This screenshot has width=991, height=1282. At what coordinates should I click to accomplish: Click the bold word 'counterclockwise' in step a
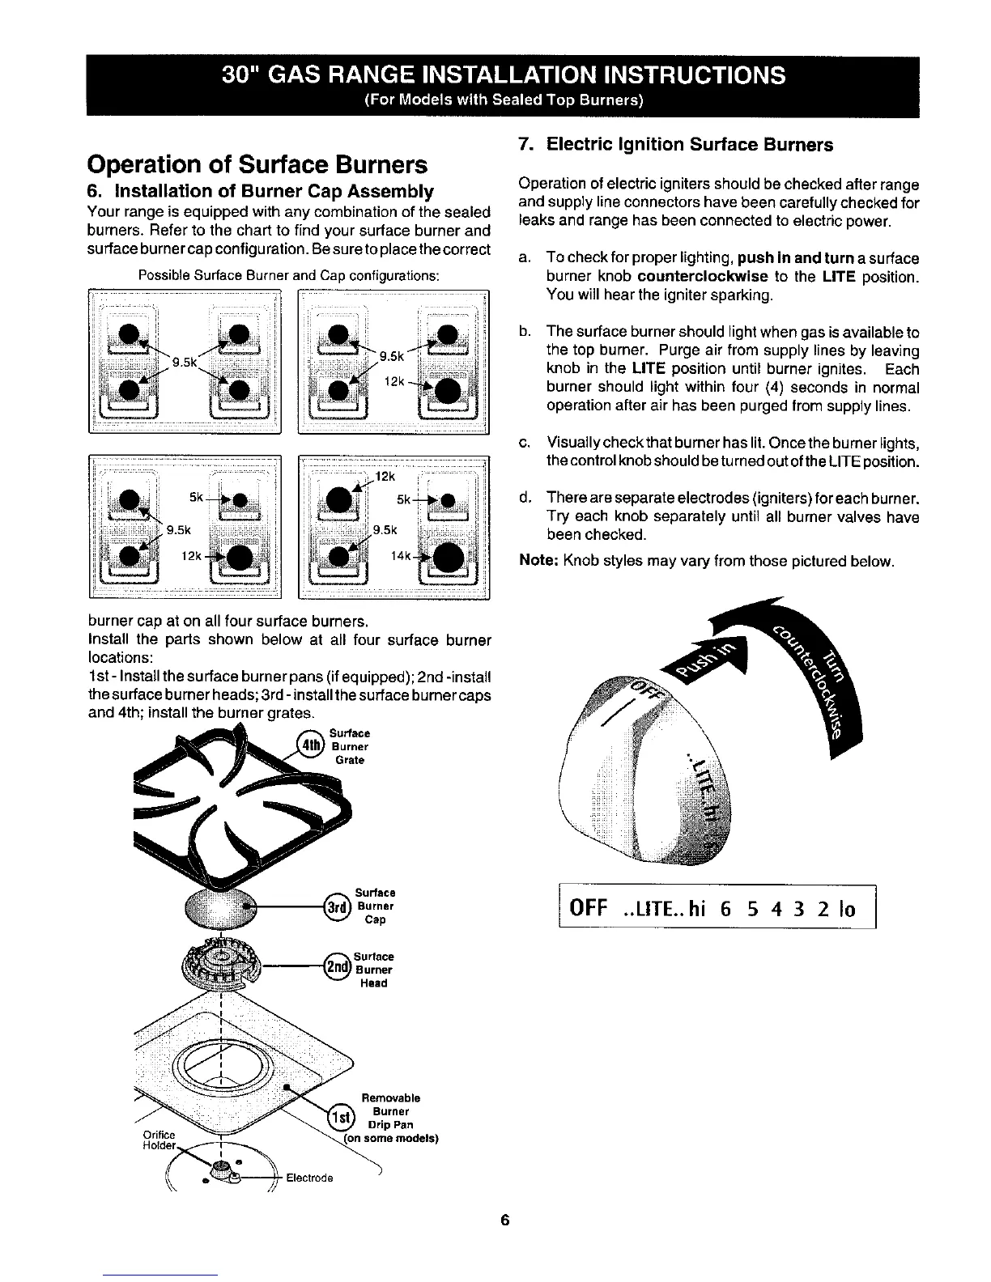click(708, 277)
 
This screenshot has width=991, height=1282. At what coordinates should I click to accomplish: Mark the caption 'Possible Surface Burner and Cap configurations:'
click(289, 275)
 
